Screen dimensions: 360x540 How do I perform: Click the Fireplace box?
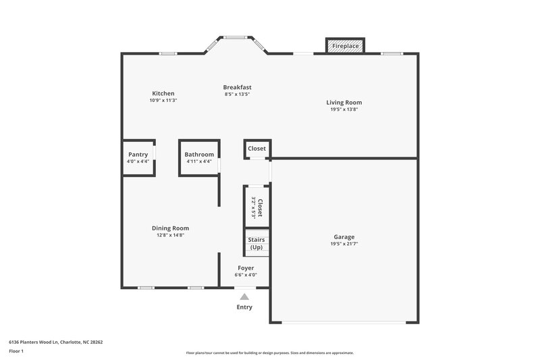(346, 46)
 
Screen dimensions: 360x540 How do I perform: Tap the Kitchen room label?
(163, 93)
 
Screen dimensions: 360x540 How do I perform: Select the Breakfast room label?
(238, 87)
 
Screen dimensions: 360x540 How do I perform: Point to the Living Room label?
(344, 103)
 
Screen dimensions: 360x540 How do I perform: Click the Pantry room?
(138, 157)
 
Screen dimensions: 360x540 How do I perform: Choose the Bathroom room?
(199, 157)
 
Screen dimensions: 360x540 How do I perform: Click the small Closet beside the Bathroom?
(256, 149)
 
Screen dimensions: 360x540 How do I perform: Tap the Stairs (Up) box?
(256, 243)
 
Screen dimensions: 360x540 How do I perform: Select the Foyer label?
(246, 268)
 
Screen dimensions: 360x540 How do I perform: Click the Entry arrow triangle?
(244, 297)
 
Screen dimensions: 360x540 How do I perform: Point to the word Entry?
(244, 307)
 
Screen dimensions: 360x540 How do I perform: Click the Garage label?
(344, 237)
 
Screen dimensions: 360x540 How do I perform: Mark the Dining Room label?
(170, 228)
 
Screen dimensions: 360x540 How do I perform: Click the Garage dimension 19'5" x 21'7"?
(344, 244)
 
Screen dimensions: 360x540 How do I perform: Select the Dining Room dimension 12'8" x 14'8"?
(170, 235)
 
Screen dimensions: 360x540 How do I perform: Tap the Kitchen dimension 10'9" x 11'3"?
(163, 100)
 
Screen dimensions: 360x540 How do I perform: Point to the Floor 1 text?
(16, 352)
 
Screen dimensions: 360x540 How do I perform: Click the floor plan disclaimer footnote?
(270, 353)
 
